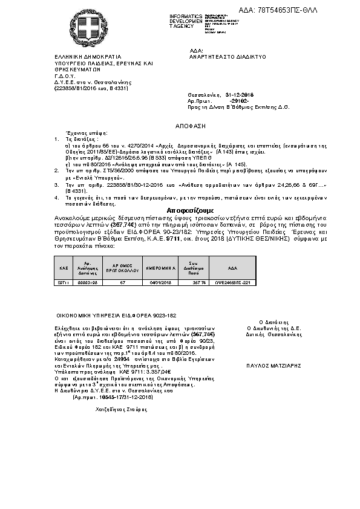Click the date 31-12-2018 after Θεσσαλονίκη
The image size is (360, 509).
[239, 95]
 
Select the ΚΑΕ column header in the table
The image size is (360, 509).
[63, 267]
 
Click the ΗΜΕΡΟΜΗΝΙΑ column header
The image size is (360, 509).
[160, 267]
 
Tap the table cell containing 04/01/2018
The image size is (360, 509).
[160, 282]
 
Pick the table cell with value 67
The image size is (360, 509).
[123, 282]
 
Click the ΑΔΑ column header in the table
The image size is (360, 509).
[233, 267]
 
